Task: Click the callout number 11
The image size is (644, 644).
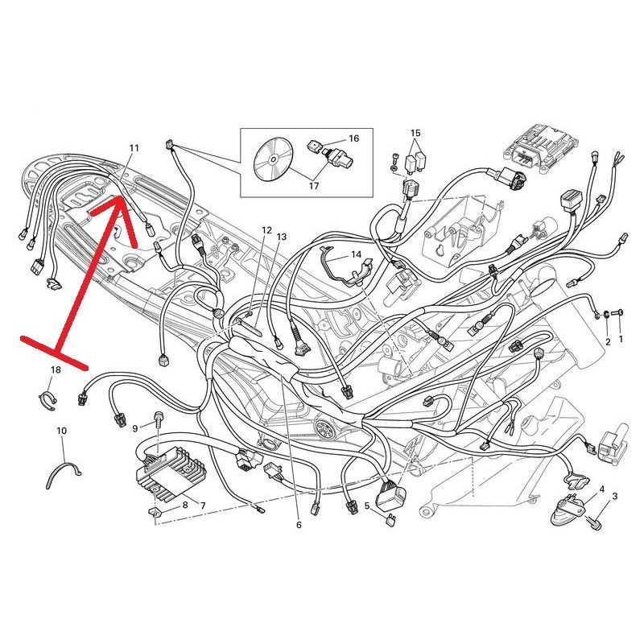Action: click(x=134, y=148)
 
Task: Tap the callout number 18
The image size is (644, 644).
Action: click(x=56, y=370)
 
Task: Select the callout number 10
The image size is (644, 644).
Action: click(x=61, y=431)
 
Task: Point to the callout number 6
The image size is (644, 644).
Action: click(x=299, y=525)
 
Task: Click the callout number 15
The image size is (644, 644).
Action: click(x=415, y=133)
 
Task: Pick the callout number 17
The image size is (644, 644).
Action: click(x=314, y=186)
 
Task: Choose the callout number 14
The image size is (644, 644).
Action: click(x=356, y=254)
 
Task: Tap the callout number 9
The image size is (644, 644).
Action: click(x=134, y=429)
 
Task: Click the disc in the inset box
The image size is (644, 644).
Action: click(x=273, y=159)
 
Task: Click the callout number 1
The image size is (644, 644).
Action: click(x=620, y=339)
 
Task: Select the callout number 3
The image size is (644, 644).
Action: click(x=614, y=496)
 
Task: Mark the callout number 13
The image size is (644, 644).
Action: click(x=281, y=237)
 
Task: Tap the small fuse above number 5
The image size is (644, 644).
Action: click(x=391, y=520)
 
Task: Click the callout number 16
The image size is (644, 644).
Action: click(x=353, y=138)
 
